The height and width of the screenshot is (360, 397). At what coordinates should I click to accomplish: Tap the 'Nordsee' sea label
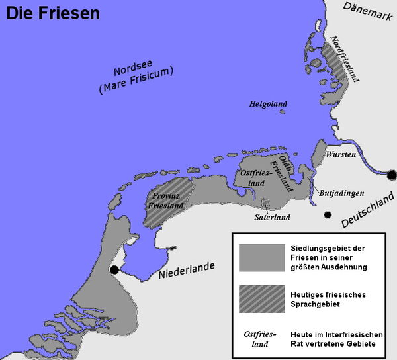tap(133, 73)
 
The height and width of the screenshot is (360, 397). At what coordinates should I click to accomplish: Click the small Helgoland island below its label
tap(282, 112)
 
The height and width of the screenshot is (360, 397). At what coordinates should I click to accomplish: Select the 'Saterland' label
tap(273, 216)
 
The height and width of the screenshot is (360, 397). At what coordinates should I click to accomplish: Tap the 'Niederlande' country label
tap(186, 271)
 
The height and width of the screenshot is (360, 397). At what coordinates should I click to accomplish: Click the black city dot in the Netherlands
tap(115, 269)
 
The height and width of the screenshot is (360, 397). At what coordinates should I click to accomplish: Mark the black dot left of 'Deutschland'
tap(327, 215)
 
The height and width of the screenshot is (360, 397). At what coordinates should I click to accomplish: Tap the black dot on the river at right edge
tap(392, 175)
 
